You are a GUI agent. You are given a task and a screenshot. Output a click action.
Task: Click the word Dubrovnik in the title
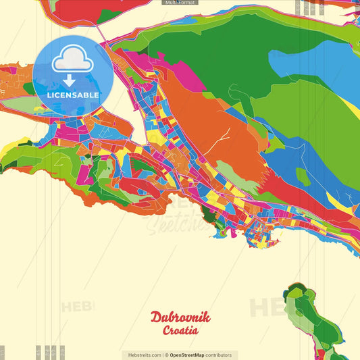[180, 317]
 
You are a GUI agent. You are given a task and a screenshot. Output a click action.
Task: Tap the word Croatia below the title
[180, 331]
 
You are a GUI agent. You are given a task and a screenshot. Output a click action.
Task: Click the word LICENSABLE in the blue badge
[72, 95]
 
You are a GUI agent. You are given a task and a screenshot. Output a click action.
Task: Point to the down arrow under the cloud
[70, 80]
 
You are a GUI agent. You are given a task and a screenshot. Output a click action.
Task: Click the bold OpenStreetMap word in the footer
[188, 355]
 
